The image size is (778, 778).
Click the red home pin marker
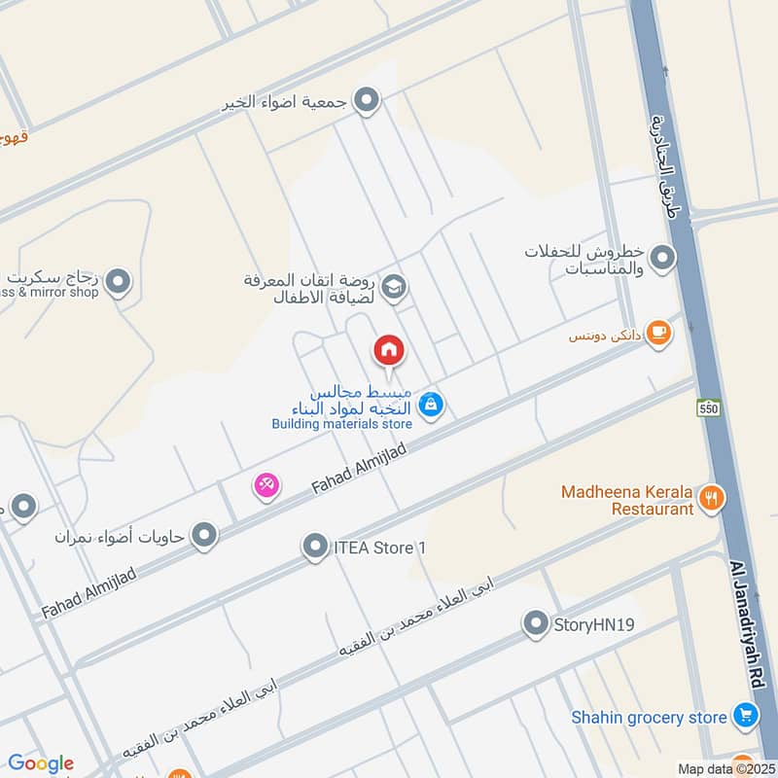(x=389, y=351)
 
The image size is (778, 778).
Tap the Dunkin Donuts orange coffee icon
(x=658, y=333)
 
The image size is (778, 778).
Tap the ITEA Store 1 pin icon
(x=314, y=548)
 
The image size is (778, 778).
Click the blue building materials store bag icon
(x=433, y=406)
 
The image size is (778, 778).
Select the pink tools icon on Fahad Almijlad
(x=266, y=484)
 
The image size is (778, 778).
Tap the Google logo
(x=41, y=763)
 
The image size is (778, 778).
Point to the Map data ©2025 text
(x=725, y=768)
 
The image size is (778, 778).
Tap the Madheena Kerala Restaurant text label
(x=627, y=500)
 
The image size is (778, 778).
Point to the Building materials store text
(x=341, y=424)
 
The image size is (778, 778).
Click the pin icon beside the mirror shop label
(x=119, y=283)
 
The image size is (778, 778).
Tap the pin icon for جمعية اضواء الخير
(x=366, y=100)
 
